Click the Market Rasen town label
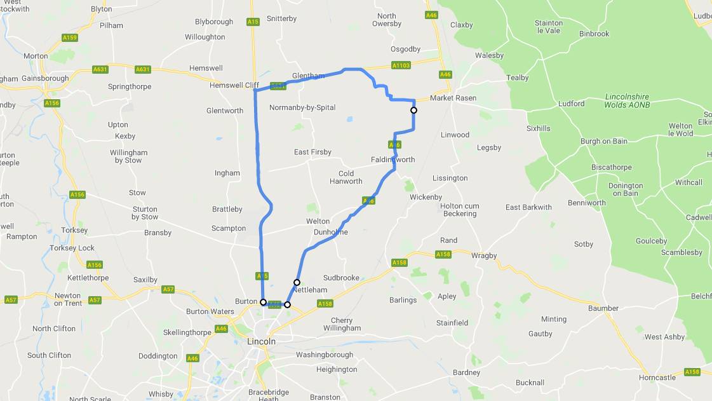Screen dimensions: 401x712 453,98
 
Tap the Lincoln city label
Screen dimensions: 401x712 261,341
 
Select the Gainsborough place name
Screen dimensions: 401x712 45,78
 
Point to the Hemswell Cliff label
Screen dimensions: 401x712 235,85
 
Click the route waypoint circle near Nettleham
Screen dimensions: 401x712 297,282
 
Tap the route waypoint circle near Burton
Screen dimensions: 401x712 263,302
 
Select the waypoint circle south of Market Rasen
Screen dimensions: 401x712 413,110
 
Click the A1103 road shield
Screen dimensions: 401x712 401,65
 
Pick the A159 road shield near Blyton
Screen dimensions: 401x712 70,38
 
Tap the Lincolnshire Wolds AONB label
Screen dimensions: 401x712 626,100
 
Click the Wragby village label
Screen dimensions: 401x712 484,255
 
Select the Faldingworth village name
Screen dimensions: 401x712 393,160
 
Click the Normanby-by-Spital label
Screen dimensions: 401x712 302,107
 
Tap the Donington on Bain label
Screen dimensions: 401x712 626,189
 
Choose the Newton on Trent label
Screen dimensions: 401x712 67,299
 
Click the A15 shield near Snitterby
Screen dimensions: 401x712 253,22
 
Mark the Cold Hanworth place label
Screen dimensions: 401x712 346,177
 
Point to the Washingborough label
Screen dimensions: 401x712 324,355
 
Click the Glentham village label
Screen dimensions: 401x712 308,76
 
